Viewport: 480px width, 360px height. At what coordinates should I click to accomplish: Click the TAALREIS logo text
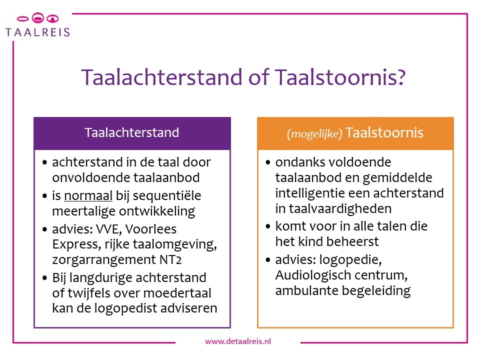[37, 32]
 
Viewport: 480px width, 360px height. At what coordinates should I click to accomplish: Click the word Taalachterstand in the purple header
[132, 133]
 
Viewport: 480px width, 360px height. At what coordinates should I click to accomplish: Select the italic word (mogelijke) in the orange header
[314, 134]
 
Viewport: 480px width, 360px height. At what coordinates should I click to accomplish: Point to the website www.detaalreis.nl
[238, 341]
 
